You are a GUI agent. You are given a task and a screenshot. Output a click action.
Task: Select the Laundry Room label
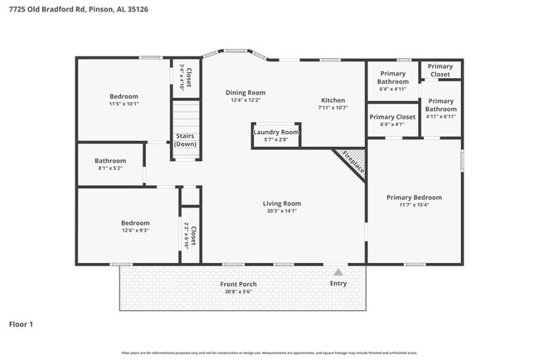276,132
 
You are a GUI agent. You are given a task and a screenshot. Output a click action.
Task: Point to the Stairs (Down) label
185,140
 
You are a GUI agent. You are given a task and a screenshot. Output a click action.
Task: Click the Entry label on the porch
338,284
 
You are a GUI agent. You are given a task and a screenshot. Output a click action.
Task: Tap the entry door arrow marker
337,270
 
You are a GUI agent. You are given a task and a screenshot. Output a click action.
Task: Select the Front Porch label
238,285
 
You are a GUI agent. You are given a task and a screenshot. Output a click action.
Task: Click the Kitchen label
333,100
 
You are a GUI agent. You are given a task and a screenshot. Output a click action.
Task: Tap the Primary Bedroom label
414,197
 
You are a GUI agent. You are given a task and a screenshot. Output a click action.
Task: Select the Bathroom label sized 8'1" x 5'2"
109,161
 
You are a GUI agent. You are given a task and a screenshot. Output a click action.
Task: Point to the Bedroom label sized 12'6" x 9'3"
134,223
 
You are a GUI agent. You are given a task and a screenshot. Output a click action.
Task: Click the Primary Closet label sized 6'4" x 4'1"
392,117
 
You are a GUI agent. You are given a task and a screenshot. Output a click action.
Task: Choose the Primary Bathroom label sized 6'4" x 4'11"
393,77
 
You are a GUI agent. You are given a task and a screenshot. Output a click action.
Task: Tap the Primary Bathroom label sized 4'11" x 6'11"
440,105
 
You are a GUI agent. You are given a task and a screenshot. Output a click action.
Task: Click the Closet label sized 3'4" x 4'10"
188,77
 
